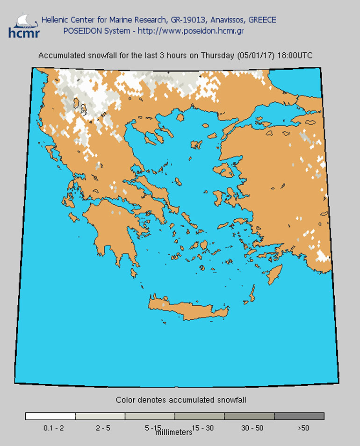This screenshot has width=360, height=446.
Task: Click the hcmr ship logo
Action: click(23, 26)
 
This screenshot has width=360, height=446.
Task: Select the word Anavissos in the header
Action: click(226, 20)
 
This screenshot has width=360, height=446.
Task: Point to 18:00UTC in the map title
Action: click(295, 55)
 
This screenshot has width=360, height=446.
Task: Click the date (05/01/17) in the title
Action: click(256, 55)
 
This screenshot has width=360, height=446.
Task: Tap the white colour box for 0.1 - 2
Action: click(50, 416)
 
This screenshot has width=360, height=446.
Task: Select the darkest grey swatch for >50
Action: click(299, 416)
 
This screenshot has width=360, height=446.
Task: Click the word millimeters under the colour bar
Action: click(174, 433)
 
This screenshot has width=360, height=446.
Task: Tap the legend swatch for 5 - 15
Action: click(150, 416)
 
